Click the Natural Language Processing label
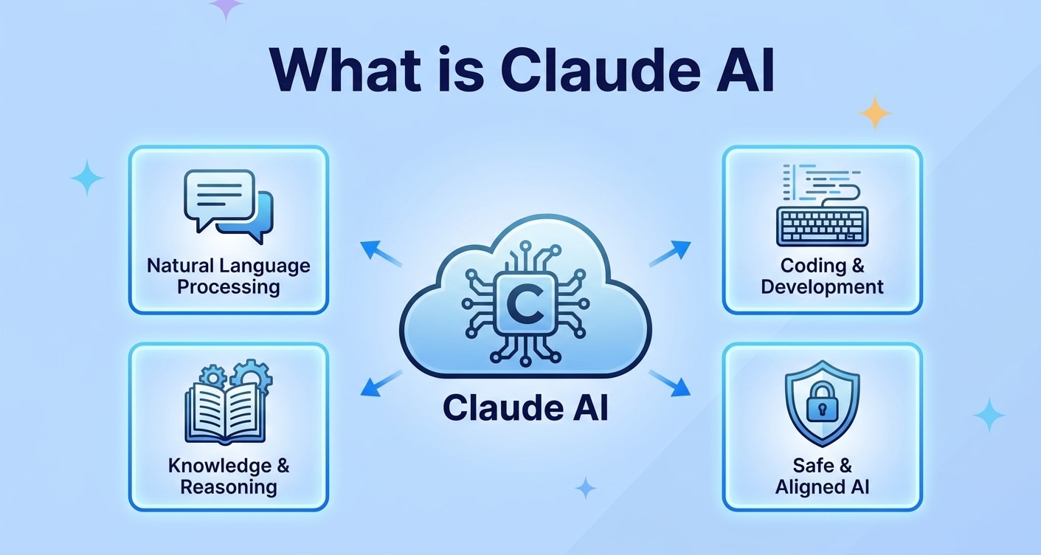point(229,276)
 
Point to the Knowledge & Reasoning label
point(229,476)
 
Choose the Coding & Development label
point(822,276)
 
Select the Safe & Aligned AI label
point(823,476)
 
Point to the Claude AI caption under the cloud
point(525,407)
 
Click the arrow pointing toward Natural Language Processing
point(379,253)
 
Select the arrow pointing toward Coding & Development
point(670,253)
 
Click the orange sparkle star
point(875,112)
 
